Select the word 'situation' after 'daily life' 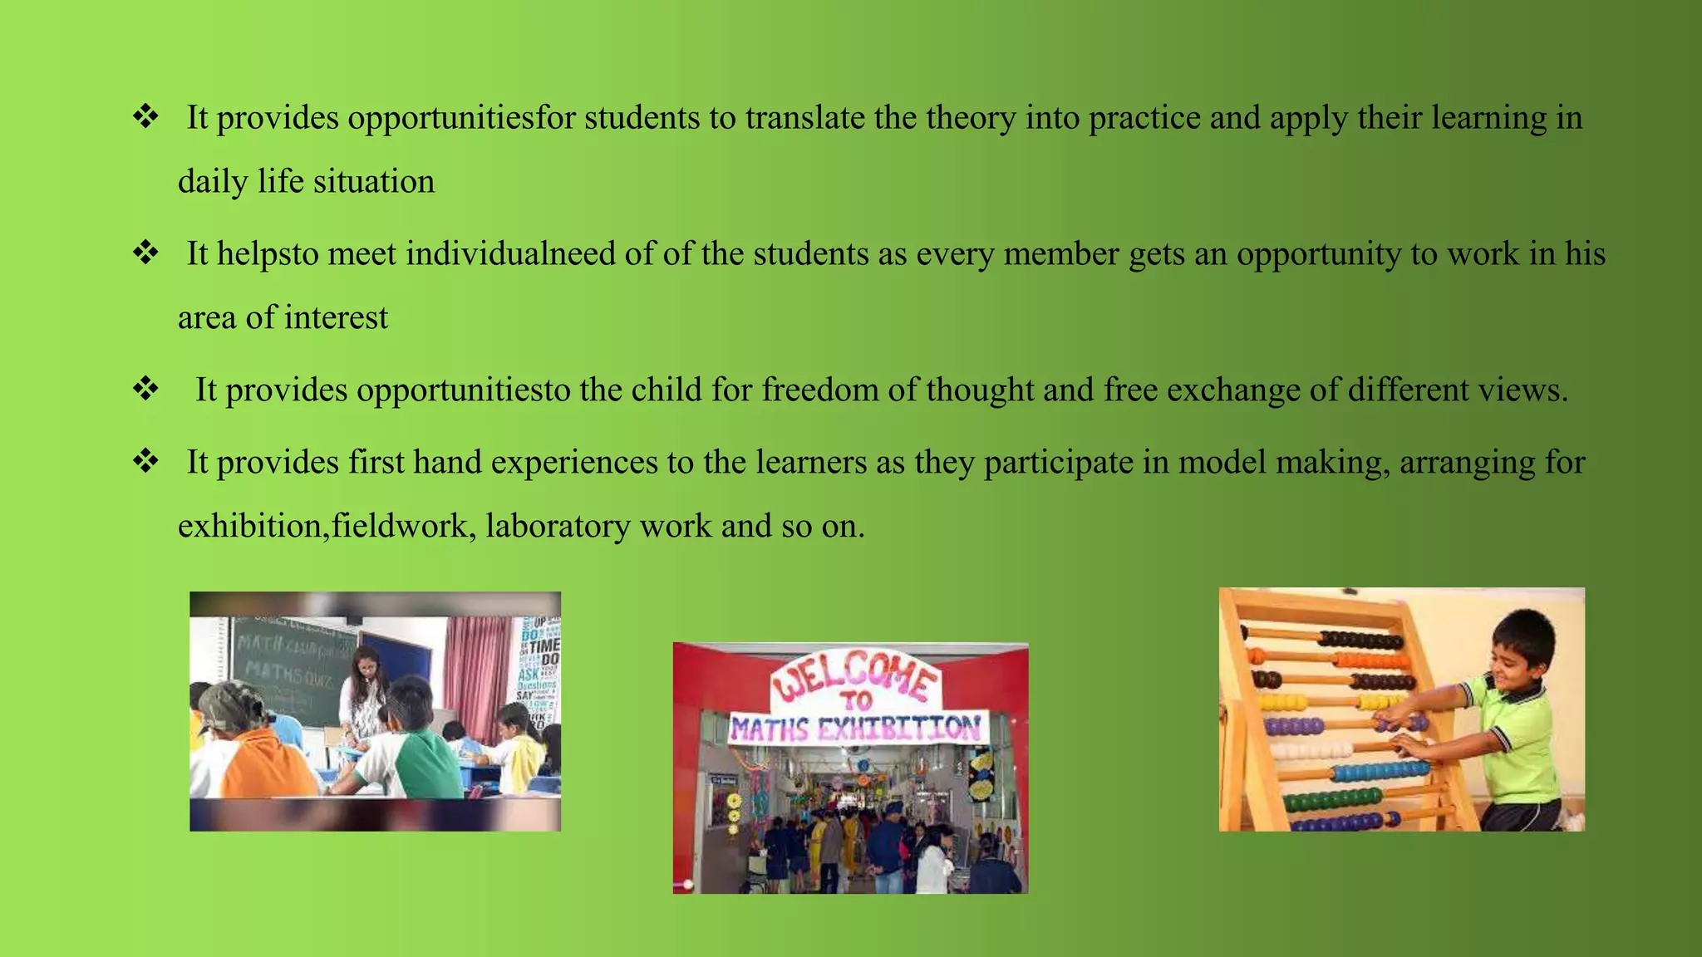tap(373, 182)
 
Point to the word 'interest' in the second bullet tap(336, 318)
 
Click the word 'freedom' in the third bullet tap(819, 390)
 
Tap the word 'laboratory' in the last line tap(558, 527)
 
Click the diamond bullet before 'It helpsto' tap(146, 253)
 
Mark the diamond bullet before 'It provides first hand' tap(146, 461)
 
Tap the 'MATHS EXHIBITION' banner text tap(856, 729)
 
